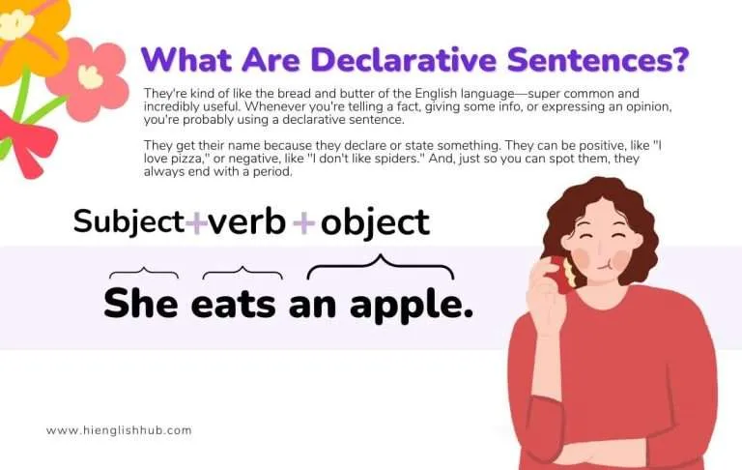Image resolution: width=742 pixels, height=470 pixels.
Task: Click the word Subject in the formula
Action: (128, 221)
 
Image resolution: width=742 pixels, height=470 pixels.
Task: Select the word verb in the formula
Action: (247, 221)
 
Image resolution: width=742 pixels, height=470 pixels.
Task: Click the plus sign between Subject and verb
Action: (196, 223)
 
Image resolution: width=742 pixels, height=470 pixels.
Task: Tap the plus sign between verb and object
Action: (304, 223)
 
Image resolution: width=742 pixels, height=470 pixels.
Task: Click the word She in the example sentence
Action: (141, 303)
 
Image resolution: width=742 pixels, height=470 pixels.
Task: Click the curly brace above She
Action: (143, 273)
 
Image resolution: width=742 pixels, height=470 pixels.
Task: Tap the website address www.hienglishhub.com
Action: (119, 430)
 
